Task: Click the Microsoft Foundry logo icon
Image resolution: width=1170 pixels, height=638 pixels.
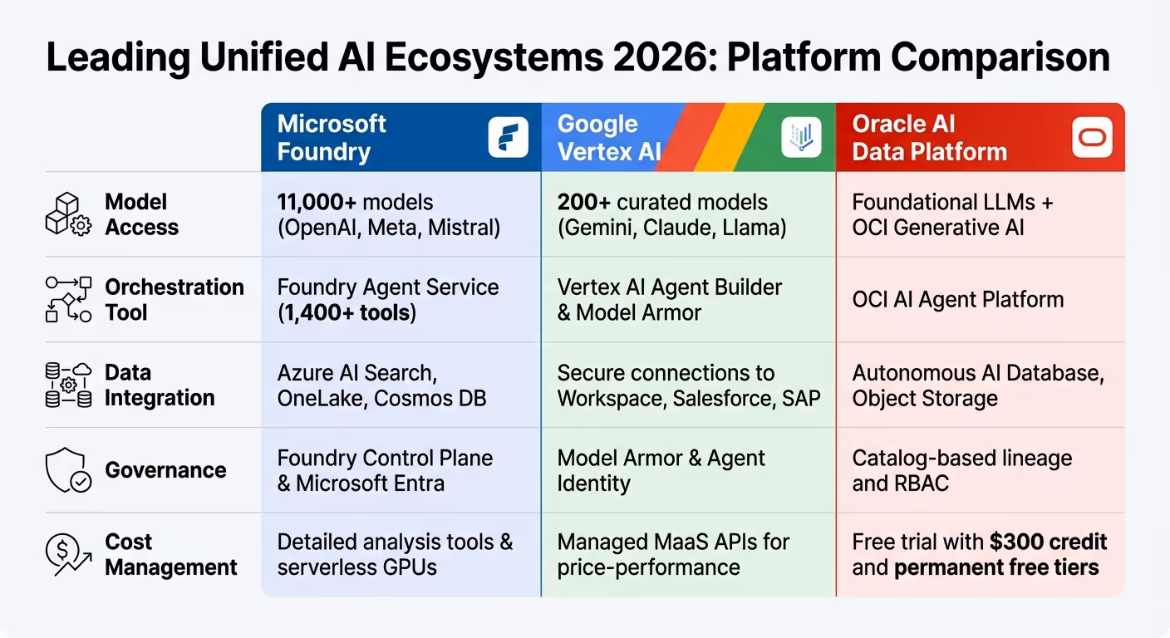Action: tap(508, 138)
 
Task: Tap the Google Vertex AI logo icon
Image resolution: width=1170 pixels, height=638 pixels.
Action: tap(801, 138)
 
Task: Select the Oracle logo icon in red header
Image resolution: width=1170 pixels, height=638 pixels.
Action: tap(1092, 138)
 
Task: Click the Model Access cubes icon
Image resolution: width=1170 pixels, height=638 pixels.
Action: tap(67, 215)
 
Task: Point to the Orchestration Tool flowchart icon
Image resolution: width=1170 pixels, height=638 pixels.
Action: tap(67, 300)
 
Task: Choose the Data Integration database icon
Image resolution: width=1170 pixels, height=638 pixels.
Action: tap(67, 385)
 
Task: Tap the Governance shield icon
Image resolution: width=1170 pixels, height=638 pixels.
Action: tap(67, 470)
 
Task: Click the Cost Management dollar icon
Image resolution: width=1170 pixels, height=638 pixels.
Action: tap(67, 555)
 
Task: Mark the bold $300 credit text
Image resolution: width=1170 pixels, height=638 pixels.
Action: tap(1048, 542)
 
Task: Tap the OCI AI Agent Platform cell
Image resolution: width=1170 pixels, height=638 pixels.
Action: tap(957, 300)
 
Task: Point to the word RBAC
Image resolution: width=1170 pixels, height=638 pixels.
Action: tap(924, 483)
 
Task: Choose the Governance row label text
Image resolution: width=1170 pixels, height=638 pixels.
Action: tap(165, 470)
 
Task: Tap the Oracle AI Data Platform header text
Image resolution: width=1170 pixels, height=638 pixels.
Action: tap(929, 138)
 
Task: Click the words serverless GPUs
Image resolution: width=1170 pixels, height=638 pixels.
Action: tap(357, 568)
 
